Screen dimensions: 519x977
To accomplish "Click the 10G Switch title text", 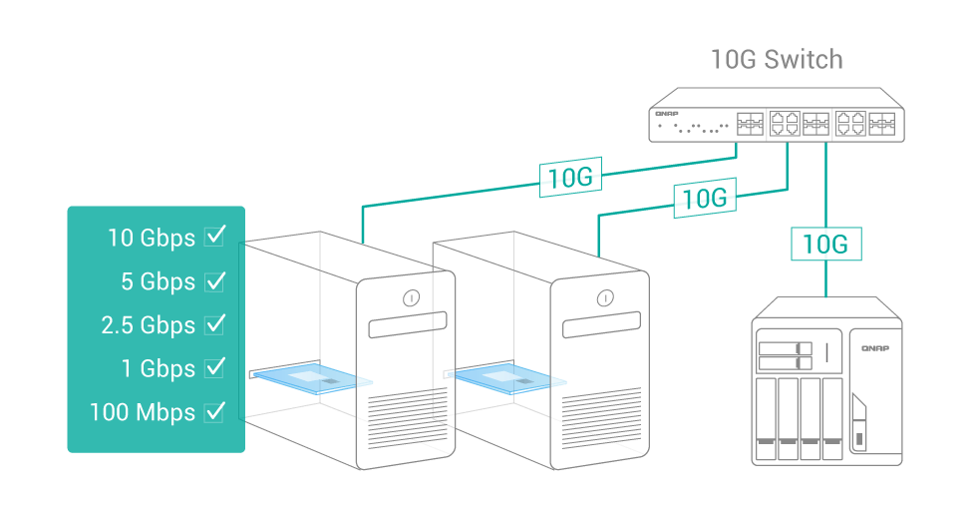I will coord(776,59).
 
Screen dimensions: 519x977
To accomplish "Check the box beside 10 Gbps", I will coord(214,236).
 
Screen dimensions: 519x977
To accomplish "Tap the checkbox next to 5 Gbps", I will coord(214,280).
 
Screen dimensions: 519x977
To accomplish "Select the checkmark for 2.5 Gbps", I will coord(214,324).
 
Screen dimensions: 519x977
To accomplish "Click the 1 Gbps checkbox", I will coord(214,367).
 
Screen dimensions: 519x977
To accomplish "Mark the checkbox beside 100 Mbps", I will coord(214,411).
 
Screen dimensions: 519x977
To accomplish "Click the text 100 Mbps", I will coord(142,412).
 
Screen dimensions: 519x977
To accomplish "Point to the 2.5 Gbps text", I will coord(149,325).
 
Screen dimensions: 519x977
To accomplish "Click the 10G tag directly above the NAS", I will coord(825,244).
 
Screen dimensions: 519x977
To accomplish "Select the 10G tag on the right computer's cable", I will coord(705,198).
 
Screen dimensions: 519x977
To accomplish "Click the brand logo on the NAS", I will coord(874,347).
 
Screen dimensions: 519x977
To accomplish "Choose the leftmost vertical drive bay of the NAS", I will coord(766,419).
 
